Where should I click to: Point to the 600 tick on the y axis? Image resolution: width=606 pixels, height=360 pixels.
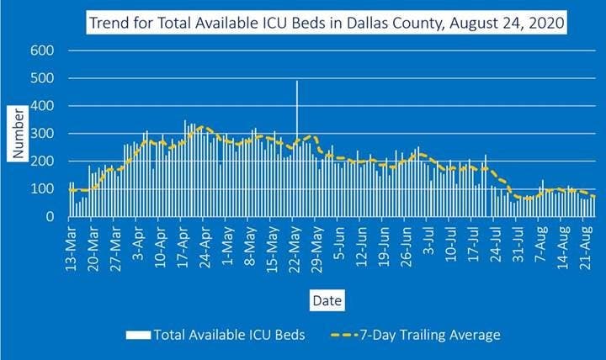(44, 51)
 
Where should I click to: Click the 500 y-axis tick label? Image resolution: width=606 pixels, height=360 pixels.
(44, 79)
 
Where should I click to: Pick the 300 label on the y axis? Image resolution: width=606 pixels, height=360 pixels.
(44, 134)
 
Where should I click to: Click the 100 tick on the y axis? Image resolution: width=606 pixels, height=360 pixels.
(44, 189)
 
